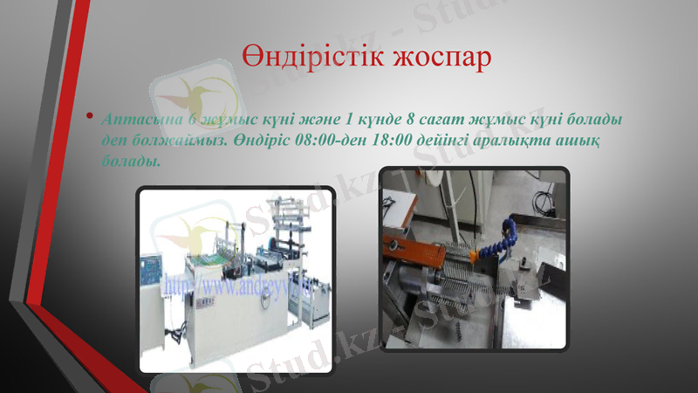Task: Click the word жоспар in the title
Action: tap(434, 57)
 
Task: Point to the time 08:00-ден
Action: tap(332, 140)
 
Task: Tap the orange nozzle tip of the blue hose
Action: tap(476, 256)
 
